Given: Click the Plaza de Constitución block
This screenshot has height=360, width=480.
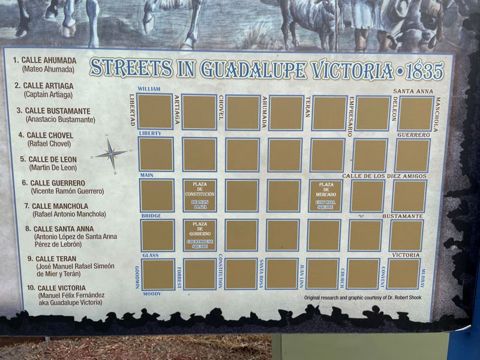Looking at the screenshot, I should click(x=199, y=196).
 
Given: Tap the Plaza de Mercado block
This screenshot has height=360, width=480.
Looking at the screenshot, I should click(x=326, y=196).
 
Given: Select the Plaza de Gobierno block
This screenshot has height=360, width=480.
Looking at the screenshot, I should click(x=199, y=235).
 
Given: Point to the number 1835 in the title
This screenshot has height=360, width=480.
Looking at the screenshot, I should click(x=424, y=71).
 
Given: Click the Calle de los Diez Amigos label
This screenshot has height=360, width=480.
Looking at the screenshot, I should click(x=384, y=176).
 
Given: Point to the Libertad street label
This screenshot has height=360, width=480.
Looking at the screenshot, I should click(x=132, y=110).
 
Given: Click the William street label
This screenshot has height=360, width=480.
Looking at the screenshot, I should click(x=149, y=89).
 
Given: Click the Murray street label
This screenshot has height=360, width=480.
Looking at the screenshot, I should click(x=422, y=278).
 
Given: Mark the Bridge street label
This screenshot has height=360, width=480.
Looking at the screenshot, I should click(x=151, y=215).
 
